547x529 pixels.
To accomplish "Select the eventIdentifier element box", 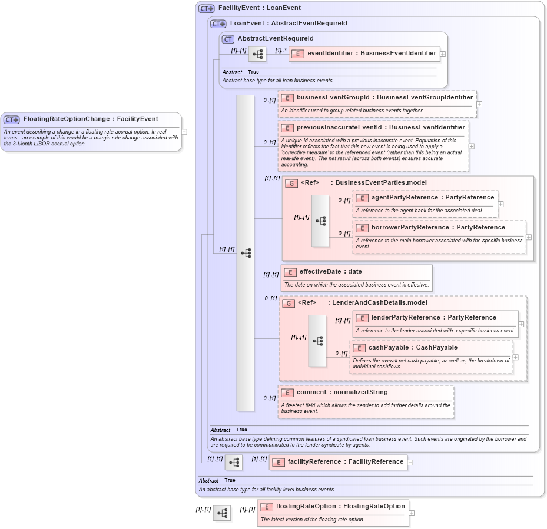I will (x=364, y=54).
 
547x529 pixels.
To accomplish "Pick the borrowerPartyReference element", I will (x=438, y=228).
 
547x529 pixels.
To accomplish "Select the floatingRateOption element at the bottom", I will (x=333, y=507).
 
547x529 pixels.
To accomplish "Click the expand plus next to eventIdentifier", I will (x=443, y=54).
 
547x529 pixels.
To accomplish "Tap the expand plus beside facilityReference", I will (x=410, y=463).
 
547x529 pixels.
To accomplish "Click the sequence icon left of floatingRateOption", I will (x=222, y=513).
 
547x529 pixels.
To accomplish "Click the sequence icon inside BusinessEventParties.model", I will (x=320, y=221).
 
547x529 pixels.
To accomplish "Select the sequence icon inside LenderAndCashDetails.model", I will (x=317, y=341).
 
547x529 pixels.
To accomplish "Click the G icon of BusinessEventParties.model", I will (x=291, y=183).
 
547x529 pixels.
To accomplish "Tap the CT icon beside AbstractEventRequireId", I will (x=228, y=39).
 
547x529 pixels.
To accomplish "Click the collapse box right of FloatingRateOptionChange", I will (x=184, y=132).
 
